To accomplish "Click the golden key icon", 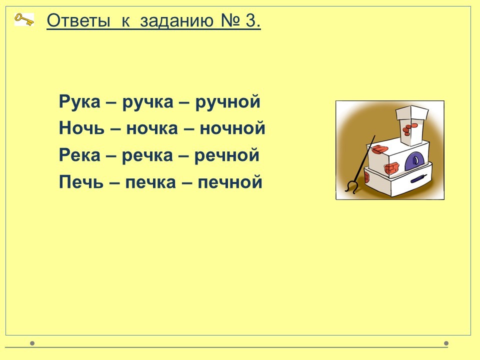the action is (x=24, y=19).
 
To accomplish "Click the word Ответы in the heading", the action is (x=78, y=21).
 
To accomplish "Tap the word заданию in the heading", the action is (x=176, y=21).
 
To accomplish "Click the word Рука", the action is (x=79, y=102).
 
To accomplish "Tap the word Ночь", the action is (x=81, y=128).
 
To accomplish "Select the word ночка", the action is (x=152, y=128).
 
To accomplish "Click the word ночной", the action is (x=232, y=128).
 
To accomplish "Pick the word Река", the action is (x=79, y=155).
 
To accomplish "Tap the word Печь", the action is (x=81, y=182).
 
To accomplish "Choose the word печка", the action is (x=150, y=182).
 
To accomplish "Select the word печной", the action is (x=230, y=182).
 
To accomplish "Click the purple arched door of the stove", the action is (x=414, y=160).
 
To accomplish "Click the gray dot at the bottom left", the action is (x=32, y=343).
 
